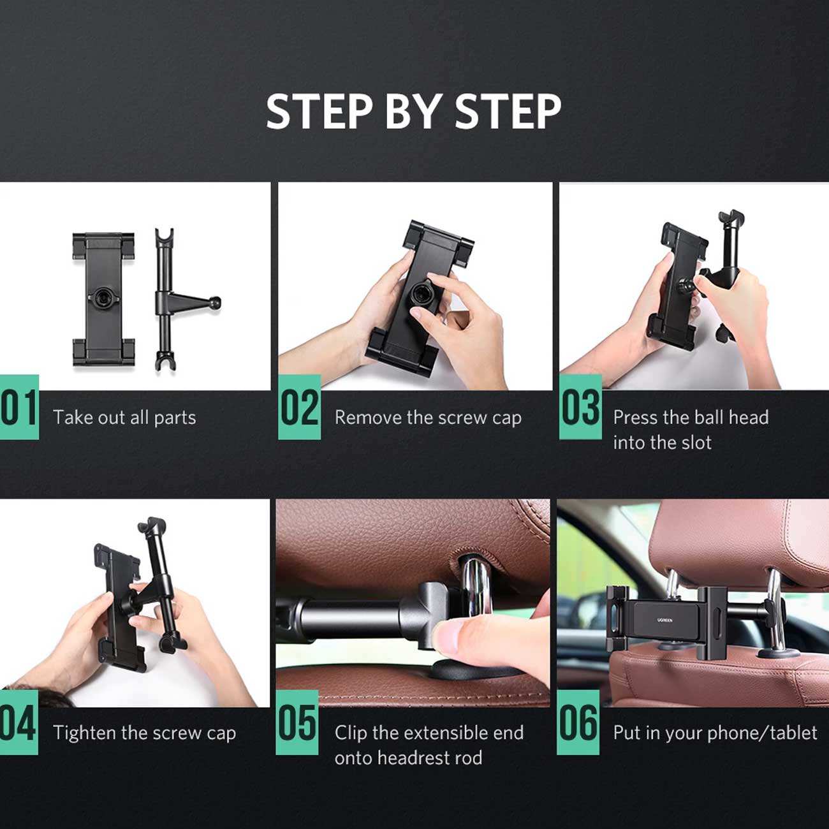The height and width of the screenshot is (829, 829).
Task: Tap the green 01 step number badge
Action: (19, 407)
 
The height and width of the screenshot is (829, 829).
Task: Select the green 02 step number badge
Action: (300, 407)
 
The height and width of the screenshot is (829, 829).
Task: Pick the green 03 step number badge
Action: (580, 407)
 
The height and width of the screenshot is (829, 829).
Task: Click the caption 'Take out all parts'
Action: (124, 418)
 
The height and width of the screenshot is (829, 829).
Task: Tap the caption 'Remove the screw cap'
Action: (428, 418)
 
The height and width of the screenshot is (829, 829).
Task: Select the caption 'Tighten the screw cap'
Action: (145, 733)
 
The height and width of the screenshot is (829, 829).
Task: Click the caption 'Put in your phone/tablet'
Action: (715, 733)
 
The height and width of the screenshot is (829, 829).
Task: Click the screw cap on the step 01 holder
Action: (104, 297)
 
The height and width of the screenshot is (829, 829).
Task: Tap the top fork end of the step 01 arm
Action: (165, 236)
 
